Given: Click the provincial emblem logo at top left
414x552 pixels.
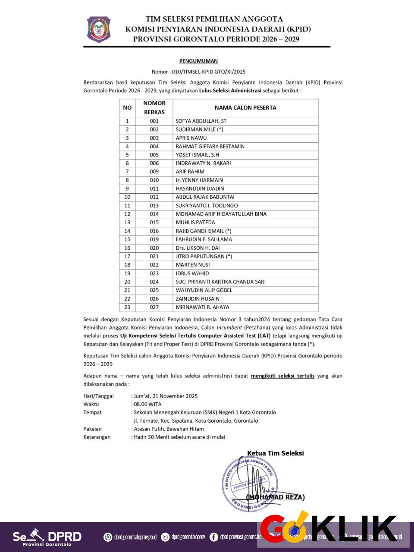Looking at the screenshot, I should coord(99,29).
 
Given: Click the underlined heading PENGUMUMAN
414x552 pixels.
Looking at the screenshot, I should coord(198,61).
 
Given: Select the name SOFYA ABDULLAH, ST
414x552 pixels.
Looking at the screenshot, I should coord(201,121).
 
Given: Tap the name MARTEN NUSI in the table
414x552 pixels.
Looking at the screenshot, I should coord(192,265).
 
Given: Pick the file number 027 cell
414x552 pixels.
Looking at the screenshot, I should coord(154,307).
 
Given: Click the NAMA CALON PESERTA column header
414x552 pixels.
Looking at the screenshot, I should coord(245,108).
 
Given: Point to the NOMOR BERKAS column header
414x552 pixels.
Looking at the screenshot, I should coord(154,108).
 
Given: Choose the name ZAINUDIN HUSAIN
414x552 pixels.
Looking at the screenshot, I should coord(198,299).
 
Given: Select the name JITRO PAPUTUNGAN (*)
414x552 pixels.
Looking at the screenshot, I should coord(204,257).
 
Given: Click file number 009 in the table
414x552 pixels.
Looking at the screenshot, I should coord(154,172).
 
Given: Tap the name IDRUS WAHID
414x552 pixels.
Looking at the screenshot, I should coord(192,273).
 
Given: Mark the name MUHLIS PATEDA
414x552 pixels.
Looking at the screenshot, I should coord(195,223).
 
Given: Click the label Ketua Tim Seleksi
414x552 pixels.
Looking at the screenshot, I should coord(275,453).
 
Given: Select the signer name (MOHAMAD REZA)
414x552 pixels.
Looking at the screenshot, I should coord(275,497).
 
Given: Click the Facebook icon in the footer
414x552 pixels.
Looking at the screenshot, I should coord(213,537).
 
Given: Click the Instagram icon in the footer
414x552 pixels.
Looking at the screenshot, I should coord(165,537).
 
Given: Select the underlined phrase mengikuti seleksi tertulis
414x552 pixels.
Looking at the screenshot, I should coord(282,376).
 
